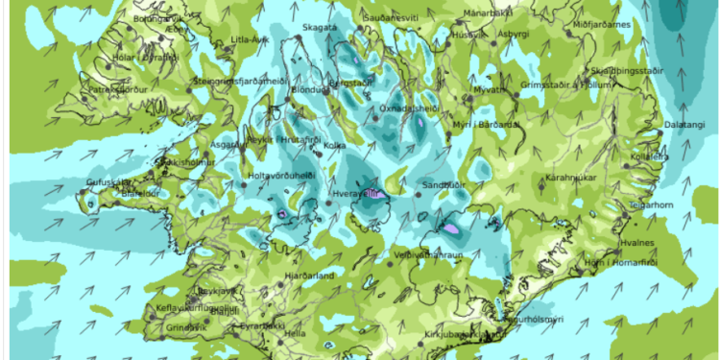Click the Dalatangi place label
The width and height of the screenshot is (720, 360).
(684, 125)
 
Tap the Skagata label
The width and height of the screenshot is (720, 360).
(321, 29)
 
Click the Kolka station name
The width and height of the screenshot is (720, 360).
(335, 146)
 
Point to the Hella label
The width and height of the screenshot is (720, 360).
(295, 333)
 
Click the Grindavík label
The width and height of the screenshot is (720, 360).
(185, 327)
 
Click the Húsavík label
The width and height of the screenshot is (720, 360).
(469, 35)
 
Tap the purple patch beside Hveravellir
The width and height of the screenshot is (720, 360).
(374, 193)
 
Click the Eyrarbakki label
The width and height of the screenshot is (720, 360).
(260, 326)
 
